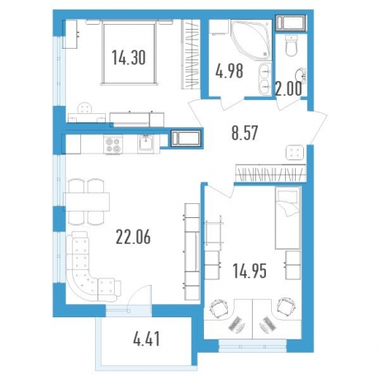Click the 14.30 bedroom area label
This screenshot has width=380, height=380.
pyautogui.click(x=129, y=59)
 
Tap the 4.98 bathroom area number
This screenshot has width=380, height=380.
pyautogui.click(x=229, y=71)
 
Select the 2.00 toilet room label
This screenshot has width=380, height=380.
pyautogui.click(x=288, y=89)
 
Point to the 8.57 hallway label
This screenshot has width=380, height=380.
pyautogui.click(x=245, y=133)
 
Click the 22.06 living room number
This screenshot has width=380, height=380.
pyautogui.click(x=133, y=237)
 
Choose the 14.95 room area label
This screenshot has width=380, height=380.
pyautogui.click(x=249, y=271)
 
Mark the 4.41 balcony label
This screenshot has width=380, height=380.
pyautogui.click(x=146, y=339)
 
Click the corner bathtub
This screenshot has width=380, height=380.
pyautogui.click(x=250, y=38)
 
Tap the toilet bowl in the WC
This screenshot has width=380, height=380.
pyautogui.click(x=292, y=46)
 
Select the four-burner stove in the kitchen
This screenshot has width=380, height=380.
pyautogui.click(x=113, y=145)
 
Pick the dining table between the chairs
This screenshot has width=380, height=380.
pyautogui.click(x=87, y=202)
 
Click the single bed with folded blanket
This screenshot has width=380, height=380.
pyautogui.click(x=287, y=217)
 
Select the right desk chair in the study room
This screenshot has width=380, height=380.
pyautogui.click(x=286, y=307)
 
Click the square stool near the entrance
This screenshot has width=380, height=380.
pyautogui.click(x=295, y=152)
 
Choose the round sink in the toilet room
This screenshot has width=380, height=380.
pyautogui.click(x=301, y=76)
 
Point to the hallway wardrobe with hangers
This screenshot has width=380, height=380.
pyautogui.click(x=271, y=173)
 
